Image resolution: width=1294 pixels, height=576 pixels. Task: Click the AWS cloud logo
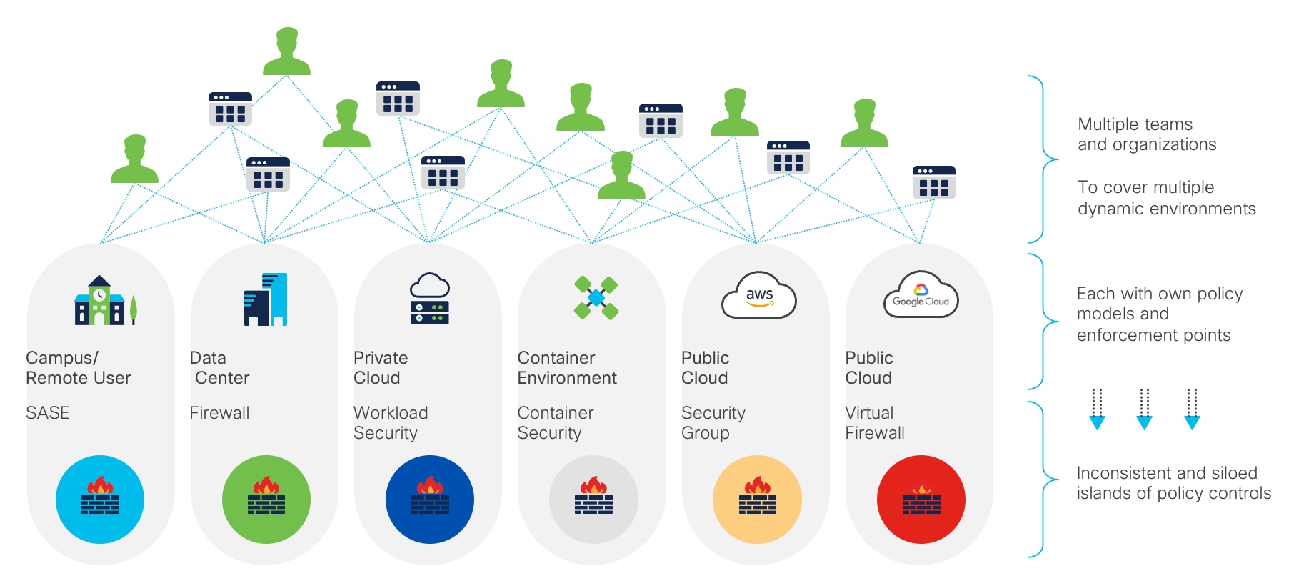(758, 295)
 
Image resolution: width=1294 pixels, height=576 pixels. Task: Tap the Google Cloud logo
(921, 295)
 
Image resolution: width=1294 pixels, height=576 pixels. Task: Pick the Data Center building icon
(266, 299)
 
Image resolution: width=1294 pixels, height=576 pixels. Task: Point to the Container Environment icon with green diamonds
(596, 298)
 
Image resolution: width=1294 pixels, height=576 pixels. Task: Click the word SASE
(48, 413)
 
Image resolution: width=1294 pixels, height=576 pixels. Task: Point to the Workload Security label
(391, 423)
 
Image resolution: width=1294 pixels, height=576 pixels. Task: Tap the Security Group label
(713, 423)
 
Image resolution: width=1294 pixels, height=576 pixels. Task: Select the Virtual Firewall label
(874, 423)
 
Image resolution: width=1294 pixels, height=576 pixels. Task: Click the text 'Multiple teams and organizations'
(1147, 134)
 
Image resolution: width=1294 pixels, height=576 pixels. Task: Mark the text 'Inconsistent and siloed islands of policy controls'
(1173, 483)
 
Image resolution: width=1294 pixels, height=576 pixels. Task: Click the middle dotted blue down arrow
(1144, 409)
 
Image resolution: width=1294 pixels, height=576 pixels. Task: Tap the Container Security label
(555, 423)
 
